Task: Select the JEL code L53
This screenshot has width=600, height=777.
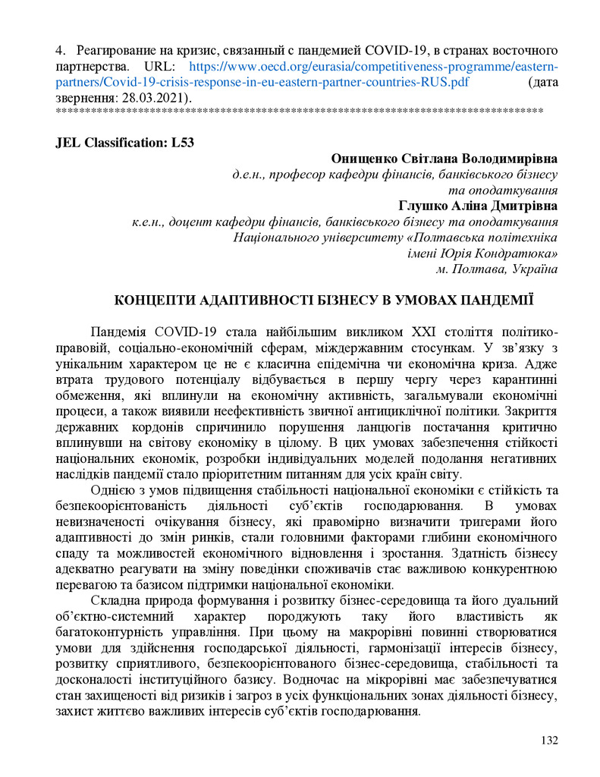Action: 182,142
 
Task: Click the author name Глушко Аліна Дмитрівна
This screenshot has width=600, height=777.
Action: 478,206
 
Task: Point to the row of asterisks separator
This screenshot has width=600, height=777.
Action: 300,112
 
